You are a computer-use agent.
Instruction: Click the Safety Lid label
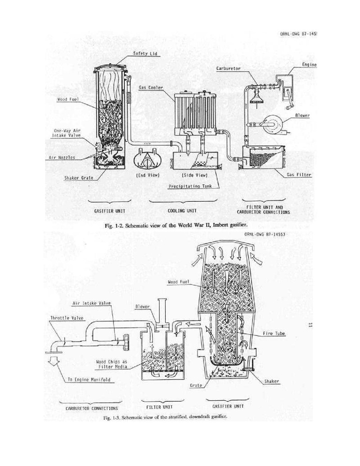pyautogui.click(x=145, y=53)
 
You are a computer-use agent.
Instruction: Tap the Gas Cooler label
pyautogui.click(x=151, y=88)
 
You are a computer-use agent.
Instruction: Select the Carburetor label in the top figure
pyautogui.click(x=228, y=68)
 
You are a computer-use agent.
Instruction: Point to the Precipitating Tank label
pyautogui.click(x=191, y=186)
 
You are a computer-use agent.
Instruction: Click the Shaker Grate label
pyautogui.click(x=79, y=178)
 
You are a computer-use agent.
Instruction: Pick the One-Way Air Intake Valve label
pyautogui.click(x=66, y=133)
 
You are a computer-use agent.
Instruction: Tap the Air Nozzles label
pyautogui.click(x=62, y=158)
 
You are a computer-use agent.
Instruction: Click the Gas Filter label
pyautogui.click(x=299, y=175)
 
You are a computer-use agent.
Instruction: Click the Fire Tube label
pyautogui.click(x=274, y=333)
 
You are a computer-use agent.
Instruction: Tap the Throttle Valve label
pyautogui.click(x=67, y=318)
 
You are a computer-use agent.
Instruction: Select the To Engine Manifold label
pyautogui.click(x=89, y=379)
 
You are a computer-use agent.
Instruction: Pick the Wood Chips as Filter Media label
pyautogui.click(x=112, y=364)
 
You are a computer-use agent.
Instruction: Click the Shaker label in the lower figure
pyautogui.click(x=271, y=382)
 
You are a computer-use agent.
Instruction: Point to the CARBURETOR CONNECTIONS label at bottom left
pyautogui.click(x=92, y=408)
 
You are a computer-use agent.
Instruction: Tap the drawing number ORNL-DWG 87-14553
pyautogui.click(x=265, y=234)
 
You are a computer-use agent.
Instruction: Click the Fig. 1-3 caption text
pyautogui.click(x=165, y=417)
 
